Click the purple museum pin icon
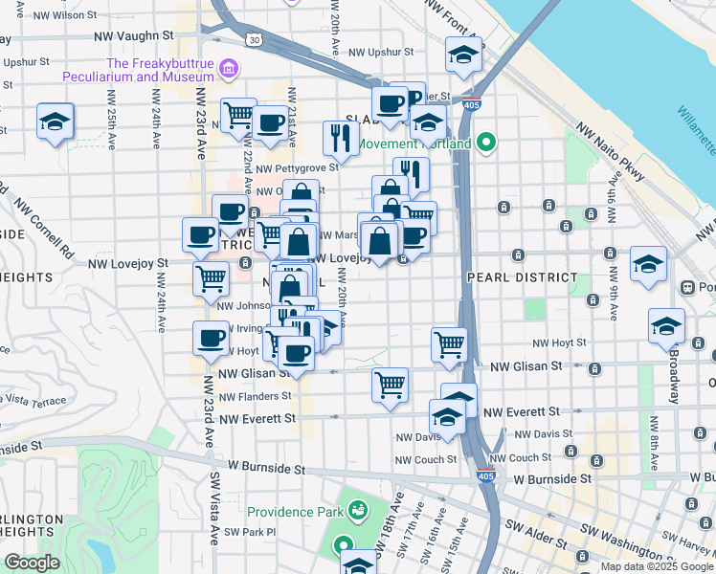click(x=229, y=69)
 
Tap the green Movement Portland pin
click(x=486, y=144)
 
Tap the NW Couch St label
click(x=422, y=459)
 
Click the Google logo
click(x=33, y=563)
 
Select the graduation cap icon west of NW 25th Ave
click(x=55, y=121)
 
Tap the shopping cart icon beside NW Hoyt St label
click(x=448, y=342)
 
